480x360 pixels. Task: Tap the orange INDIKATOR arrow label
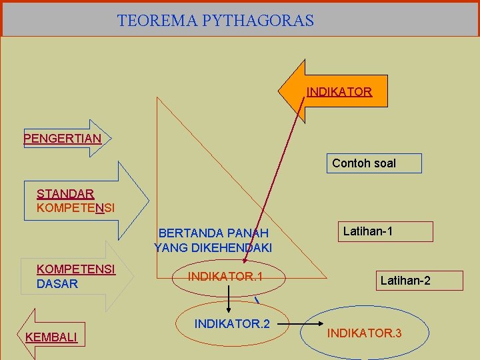[x=339, y=92]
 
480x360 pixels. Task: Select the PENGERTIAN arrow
[x=63, y=139]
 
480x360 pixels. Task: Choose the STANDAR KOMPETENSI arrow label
[x=75, y=201]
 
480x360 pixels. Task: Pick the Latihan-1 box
[x=385, y=231]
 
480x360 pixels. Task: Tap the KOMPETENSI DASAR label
[x=75, y=277]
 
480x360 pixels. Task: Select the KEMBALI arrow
[x=51, y=337]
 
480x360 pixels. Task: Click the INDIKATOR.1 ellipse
[x=225, y=277]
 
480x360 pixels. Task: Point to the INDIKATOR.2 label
[x=232, y=324]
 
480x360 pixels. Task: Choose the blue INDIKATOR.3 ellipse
[x=364, y=332]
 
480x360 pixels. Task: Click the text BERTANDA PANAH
[x=213, y=233]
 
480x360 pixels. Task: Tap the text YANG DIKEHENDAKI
[x=213, y=248]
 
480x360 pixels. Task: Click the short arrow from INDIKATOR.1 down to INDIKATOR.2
[x=229, y=303]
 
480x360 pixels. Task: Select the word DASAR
[x=57, y=284]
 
